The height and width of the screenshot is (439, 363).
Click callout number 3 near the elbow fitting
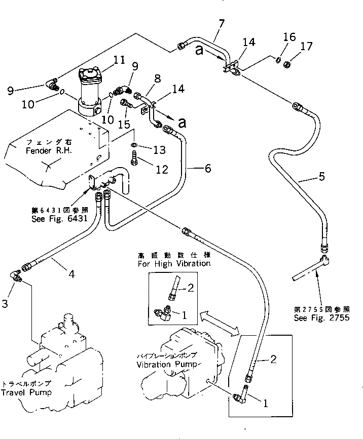[x=5, y=304]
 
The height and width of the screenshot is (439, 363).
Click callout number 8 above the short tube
[x=158, y=79]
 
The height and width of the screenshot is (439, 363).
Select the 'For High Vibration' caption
[x=173, y=264]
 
